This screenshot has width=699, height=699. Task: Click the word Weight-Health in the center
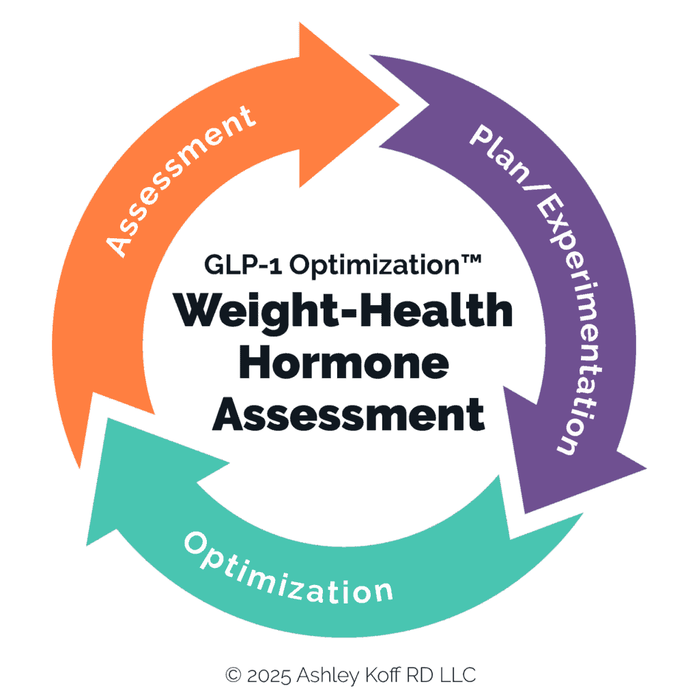(343, 311)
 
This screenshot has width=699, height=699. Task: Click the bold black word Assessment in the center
(348, 414)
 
